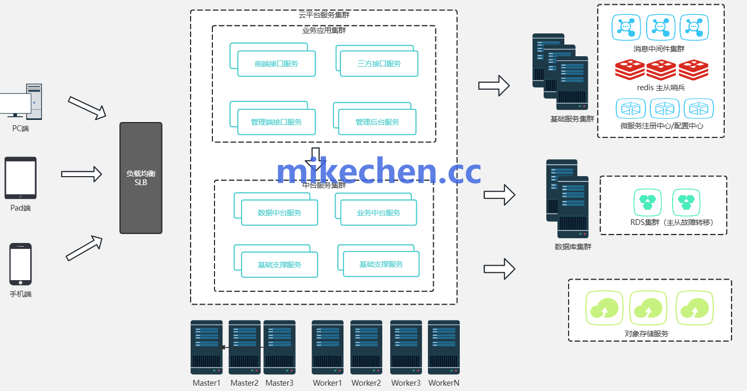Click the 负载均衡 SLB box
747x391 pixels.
[x=141, y=178]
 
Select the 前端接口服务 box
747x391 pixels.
[x=276, y=64]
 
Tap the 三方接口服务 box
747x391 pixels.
[x=379, y=64]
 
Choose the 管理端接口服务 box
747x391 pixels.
[x=276, y=122]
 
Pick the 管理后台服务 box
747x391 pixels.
[x=377, y=122]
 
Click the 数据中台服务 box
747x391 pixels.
[x=279, y=213]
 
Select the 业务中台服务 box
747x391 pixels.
[x=378, y=213]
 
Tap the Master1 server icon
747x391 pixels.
[x=207, y=347]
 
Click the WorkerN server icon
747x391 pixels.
[x=443, y=347]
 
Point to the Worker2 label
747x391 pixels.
[x=366, y=383]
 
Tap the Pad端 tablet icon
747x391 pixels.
[x=21, y=178]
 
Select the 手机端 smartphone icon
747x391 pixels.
[x=21, y=264]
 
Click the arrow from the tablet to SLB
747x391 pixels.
[x=81, y=173]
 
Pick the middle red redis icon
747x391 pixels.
[x=662, y=70]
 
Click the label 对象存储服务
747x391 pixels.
[x=646, y=334]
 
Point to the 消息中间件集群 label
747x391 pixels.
[x=659, y=49]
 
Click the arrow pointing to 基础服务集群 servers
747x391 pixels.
[x=494, y=85]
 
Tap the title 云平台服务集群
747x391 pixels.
[x=324, y=15]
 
